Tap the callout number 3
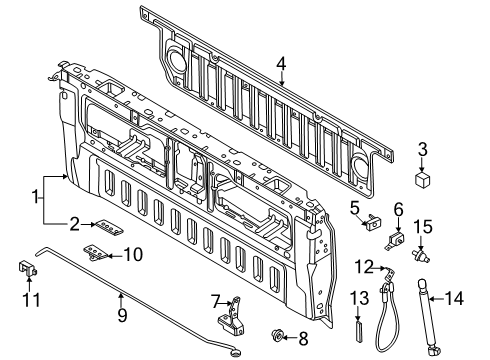tap(423, 151)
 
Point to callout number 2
tap(76, 224)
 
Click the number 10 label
tap(133, 254)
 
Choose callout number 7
tap(213, 300)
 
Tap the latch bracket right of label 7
tap(236, 314)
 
